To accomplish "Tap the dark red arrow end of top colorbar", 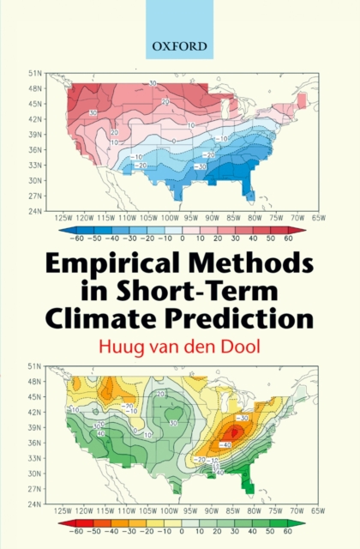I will [x=303, y=230].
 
